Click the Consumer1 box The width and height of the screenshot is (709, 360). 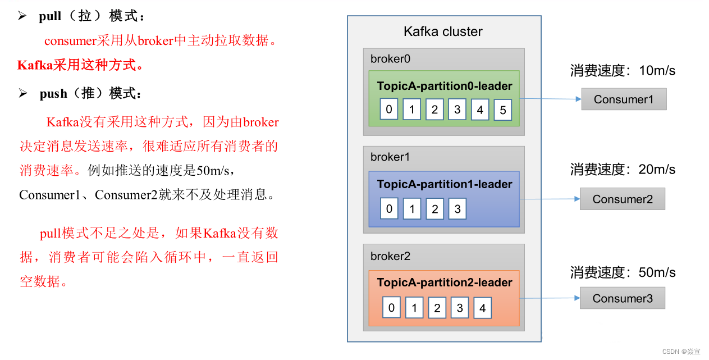pyautogui.click(x=624, y=99)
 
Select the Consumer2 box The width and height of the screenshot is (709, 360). pyautogui.click(x=622, y=199)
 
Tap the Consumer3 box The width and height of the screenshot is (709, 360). pyautogui.click(x=622, y=298)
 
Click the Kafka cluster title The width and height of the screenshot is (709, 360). pyautogui.click(x=443, y=31)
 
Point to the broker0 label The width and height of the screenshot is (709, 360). pyautogui.click(x=391, y=59)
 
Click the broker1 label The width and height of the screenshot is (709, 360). pyautogui.click(x=391, y=157)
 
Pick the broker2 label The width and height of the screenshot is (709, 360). pyautogui.click(x=391, y=256)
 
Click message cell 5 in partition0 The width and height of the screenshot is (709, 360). pyautogui.click(x=502, y=110)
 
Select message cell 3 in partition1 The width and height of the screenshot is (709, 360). pyautogui.click(x=457, y=209)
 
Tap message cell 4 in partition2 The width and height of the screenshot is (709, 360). pyautogui.click(x=482, y=308)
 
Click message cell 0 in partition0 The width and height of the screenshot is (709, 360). pyautogui.click(x=388, y=109)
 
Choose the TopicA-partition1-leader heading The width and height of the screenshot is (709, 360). pyautogui.click(x=445, y=184)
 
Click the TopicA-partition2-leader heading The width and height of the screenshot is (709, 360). pyautogui.click(x=445, y=282)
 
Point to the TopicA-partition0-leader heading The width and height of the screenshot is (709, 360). pyautogui.click(x=445, y=86)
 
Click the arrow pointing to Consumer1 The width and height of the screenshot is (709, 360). pyautogui.click(x=550, y=99)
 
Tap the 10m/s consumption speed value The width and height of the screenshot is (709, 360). pyautogui.click(x=657, y=71)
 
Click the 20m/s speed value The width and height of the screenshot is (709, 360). pyautogui.click(x=657, y=170)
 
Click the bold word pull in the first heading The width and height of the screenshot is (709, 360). pyautogui.click(x=50, y=16)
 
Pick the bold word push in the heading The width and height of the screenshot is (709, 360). pyautogui.click(x=53, y=94)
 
